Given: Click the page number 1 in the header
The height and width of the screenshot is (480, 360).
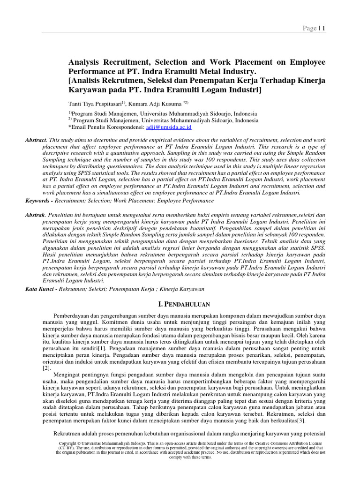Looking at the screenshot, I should coord(323,29).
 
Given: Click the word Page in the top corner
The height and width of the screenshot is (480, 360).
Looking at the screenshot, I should coord(310,29).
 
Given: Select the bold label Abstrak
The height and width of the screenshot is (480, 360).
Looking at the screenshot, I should coord(36,214).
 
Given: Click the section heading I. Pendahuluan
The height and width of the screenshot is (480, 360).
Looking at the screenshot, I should coord(180,305).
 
